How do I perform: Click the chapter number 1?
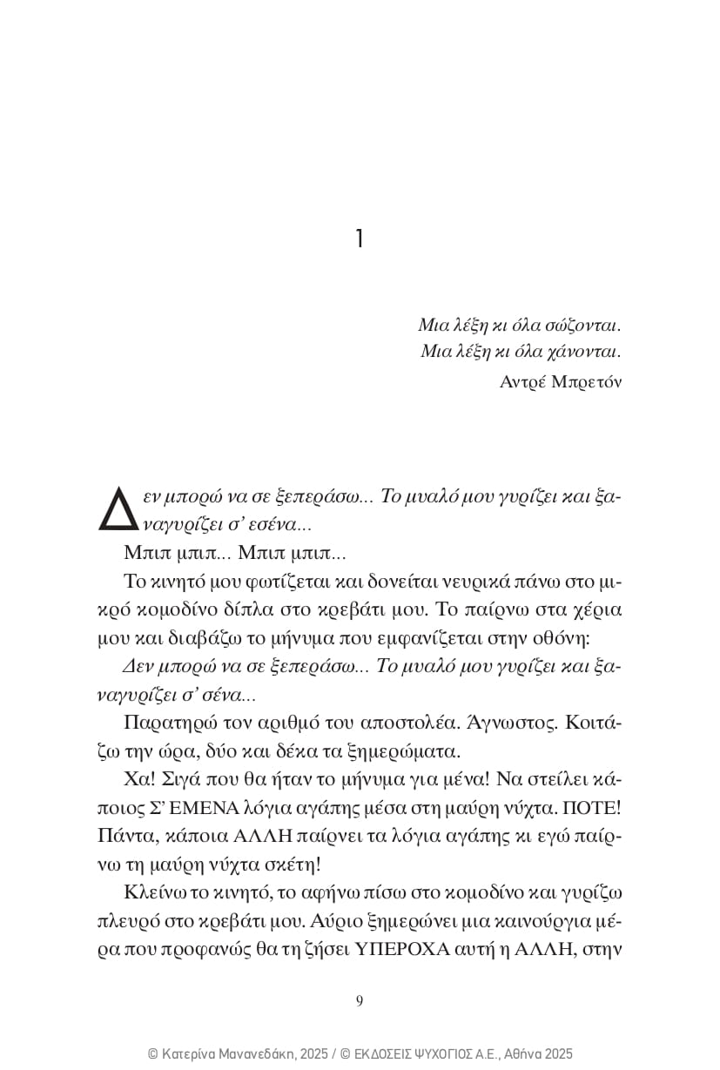coord(360,239)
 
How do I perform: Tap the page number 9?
coord(360,1000)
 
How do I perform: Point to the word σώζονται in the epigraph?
coord(582,326)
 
